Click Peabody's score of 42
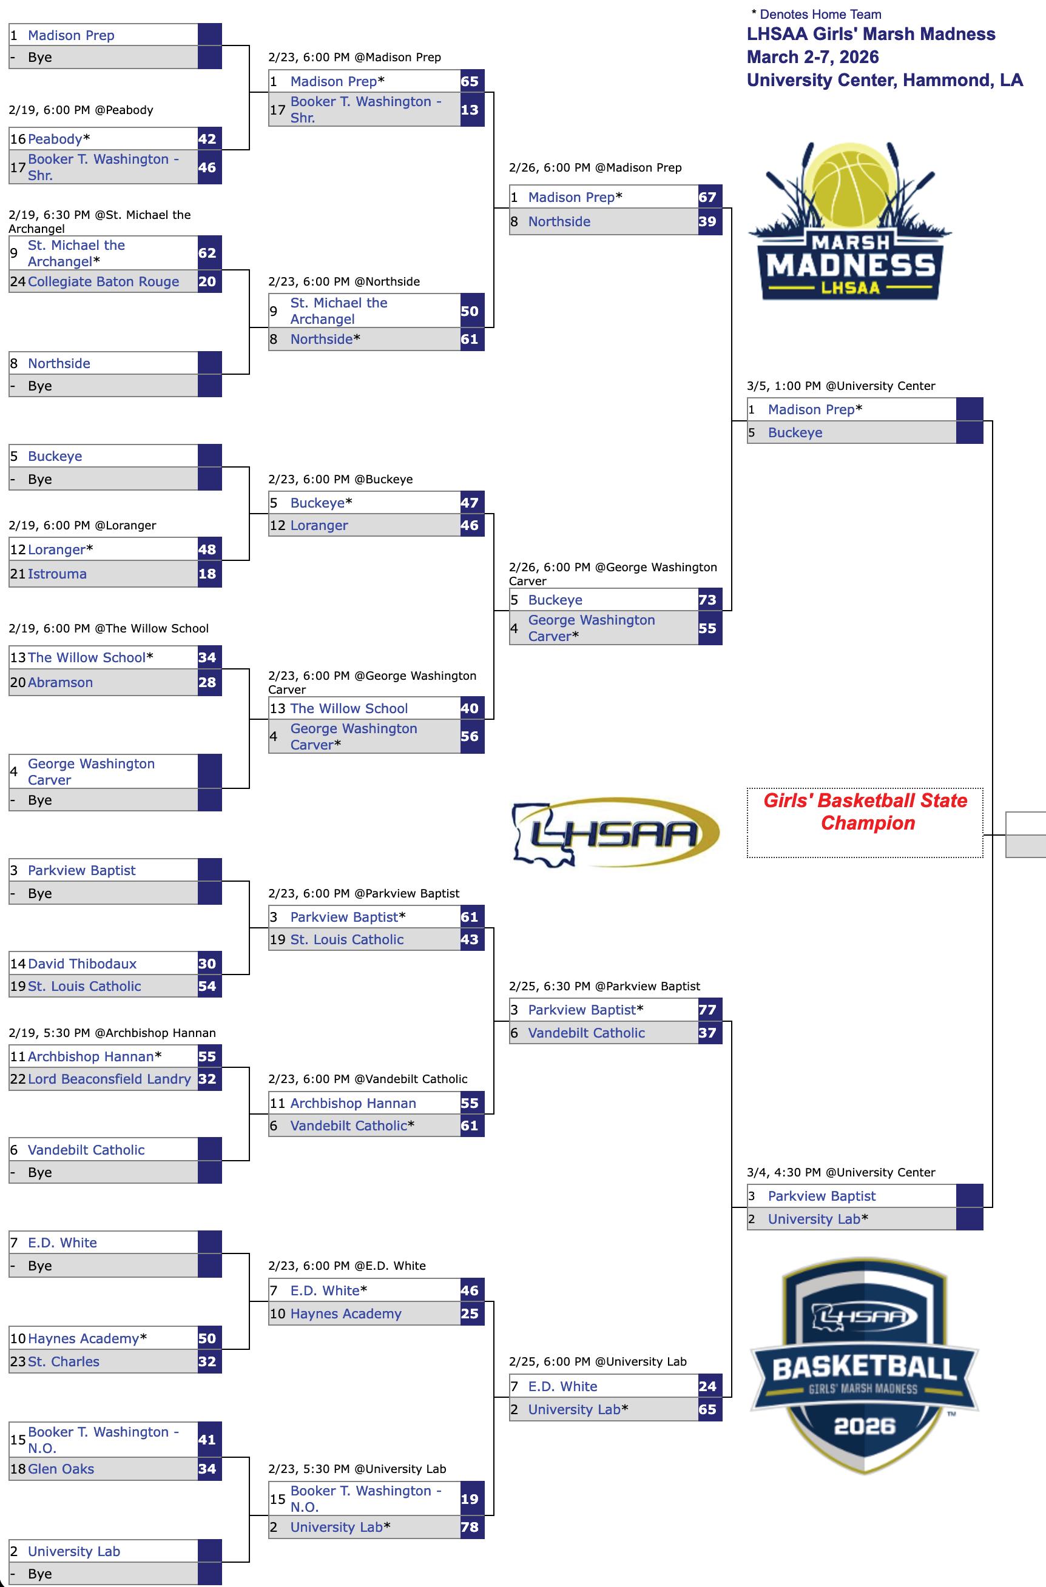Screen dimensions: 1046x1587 [208, 139]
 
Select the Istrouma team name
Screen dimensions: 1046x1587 [58, 574]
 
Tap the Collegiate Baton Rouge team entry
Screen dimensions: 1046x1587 [103, 281]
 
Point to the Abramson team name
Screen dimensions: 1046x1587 [60, 682]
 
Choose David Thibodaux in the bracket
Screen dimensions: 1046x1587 [82, 964]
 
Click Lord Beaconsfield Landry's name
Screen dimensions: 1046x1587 [109, 1079]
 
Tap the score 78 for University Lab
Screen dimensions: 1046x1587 [470, 1527]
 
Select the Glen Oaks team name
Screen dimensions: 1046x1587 [61, 1469]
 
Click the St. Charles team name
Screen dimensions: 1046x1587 [63, 1361]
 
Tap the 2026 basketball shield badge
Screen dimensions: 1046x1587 [865, 1369]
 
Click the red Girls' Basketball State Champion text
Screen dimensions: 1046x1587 [865, 811]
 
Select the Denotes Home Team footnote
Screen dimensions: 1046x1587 [817, 14]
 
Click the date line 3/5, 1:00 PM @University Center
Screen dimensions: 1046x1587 [840, 386]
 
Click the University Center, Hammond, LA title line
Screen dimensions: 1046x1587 [885, 80]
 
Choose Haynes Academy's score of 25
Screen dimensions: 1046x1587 [470, 1314]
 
